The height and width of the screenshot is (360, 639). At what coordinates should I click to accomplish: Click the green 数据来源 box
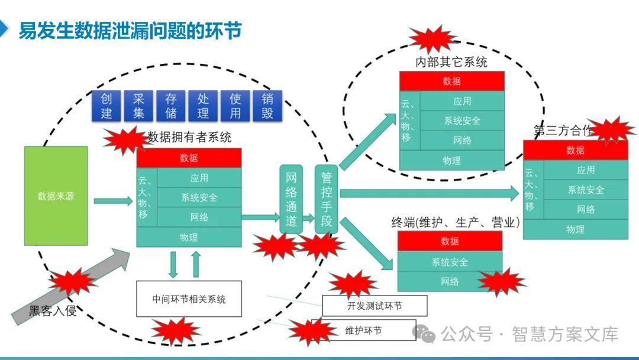(56, 196)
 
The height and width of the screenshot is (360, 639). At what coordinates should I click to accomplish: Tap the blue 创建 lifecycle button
(106, 106)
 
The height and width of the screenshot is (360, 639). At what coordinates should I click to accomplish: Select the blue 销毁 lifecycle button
(267, 106)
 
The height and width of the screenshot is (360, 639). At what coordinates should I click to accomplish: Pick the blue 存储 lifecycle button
(171, 106)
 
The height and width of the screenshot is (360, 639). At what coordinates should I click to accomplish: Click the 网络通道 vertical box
(291, 199)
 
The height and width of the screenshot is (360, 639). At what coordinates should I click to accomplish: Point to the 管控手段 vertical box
(326, 199)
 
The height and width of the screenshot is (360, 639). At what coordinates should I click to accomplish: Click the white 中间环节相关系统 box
(189, 298)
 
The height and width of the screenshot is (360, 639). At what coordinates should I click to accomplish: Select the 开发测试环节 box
(375, 306)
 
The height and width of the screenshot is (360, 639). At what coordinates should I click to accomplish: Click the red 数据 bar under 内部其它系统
(451, 81)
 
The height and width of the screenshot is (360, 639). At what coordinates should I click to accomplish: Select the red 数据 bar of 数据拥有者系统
(189, 157)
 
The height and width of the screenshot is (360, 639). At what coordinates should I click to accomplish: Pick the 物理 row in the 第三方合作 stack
(575, 229)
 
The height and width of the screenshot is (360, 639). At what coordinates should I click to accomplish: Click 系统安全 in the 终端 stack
(450, 262)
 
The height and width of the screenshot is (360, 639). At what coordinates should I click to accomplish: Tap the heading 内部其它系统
(451, 62)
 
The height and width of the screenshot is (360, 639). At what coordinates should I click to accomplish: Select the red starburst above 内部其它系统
(433, 38)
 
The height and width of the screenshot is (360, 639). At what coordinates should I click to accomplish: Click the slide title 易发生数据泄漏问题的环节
(130, 30)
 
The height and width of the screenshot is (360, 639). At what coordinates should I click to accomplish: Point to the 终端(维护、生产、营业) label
(456, 223)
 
